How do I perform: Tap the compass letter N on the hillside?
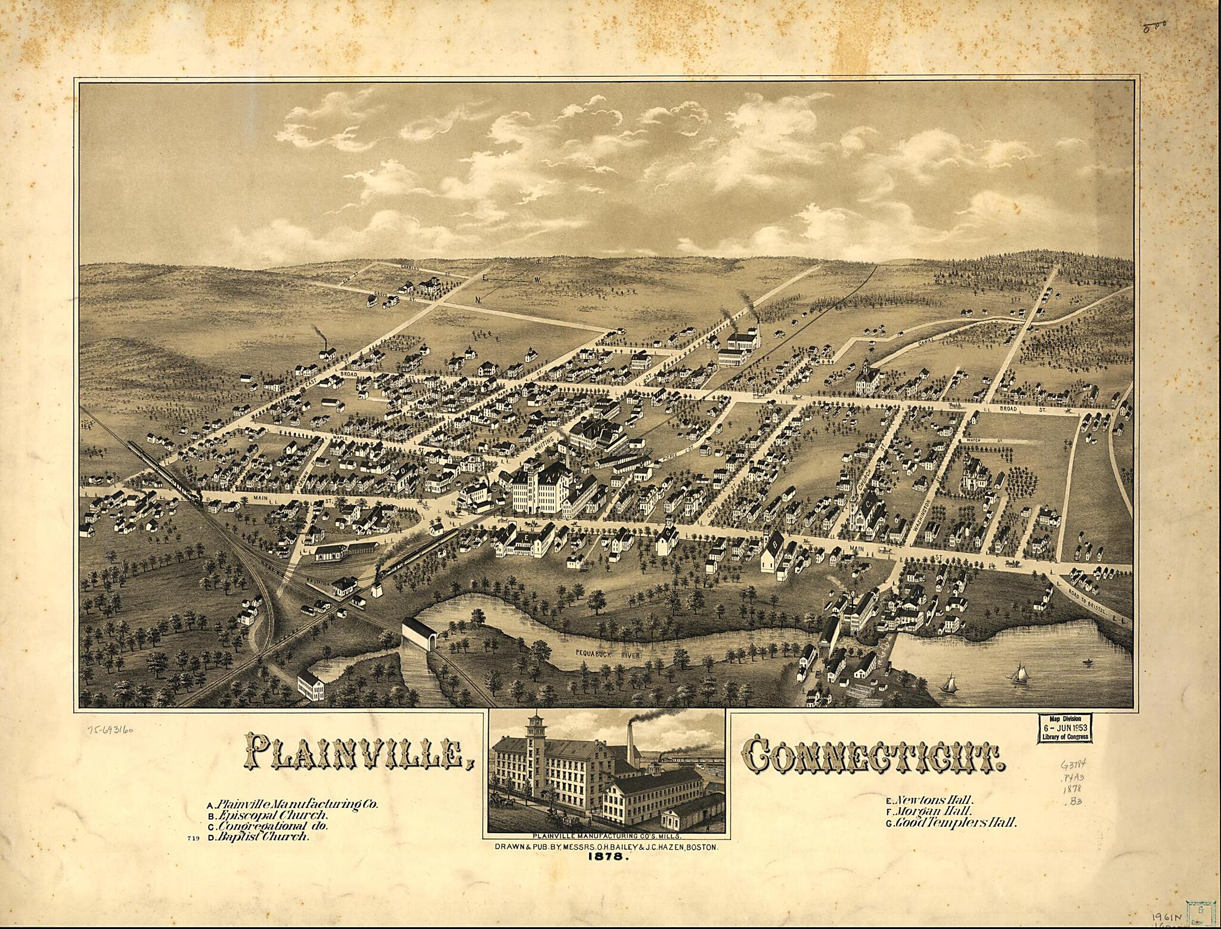coord(478,298)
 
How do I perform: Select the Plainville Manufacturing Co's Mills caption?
coord(606,837)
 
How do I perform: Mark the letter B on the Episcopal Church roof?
coord(776,543)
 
